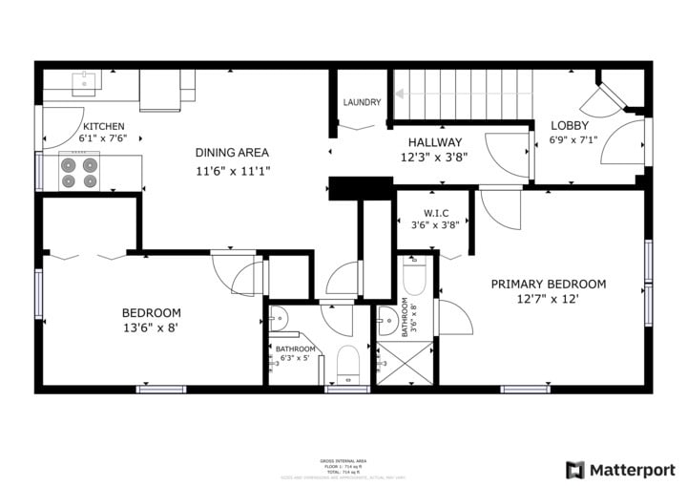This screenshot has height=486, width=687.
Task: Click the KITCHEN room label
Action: [103, 126]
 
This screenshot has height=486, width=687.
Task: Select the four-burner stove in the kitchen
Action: [80, 172]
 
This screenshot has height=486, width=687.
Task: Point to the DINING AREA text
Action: [232, 152]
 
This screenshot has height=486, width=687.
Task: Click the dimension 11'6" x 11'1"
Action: [232, 172]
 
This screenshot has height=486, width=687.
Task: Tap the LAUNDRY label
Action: [362, 103]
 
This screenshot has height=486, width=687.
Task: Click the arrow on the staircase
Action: [401, 94]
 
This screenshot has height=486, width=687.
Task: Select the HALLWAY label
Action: [435, 142]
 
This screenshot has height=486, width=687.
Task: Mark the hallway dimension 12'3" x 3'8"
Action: [435, 158]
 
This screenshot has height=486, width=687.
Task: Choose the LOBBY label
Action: [569, 125]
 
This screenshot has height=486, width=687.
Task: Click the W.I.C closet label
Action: [423, 212]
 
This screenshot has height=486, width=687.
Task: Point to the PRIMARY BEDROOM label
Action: [548, 284]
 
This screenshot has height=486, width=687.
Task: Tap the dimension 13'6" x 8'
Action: [151, 328]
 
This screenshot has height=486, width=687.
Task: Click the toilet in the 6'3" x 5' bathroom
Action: [347, 364]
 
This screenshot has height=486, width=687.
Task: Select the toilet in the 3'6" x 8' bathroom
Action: [414, 277]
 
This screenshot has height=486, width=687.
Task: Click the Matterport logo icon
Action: [574, 470]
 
